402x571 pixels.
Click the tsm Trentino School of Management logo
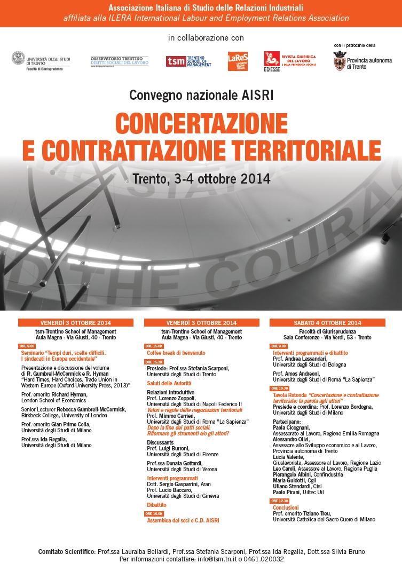pyautogui.click(x=188, y=61)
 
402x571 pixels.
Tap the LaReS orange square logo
pyautogui.click(x=238, y=61)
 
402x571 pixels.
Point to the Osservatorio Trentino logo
pyautogui.click(x=119, y=61)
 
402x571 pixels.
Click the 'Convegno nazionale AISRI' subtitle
pyautogui.click(x=201, y=96)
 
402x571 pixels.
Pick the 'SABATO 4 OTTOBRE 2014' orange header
pyautogui.click(x=327, y=323)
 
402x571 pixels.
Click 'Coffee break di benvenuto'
pyautogui.click(x=176, y=353)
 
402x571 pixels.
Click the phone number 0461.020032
pyautogui.click(x=264, y=559)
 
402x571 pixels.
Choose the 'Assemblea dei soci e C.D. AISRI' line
pyautogui.click(x=183, y=520)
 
